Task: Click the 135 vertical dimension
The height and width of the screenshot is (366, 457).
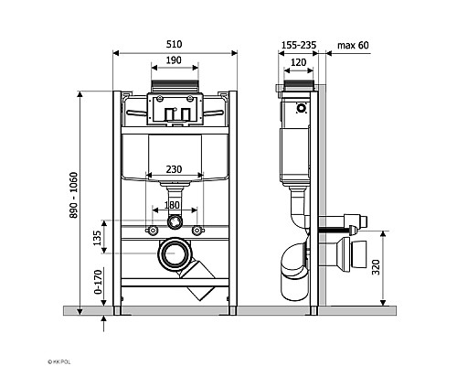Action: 98,238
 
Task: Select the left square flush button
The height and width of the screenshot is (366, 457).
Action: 162,113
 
